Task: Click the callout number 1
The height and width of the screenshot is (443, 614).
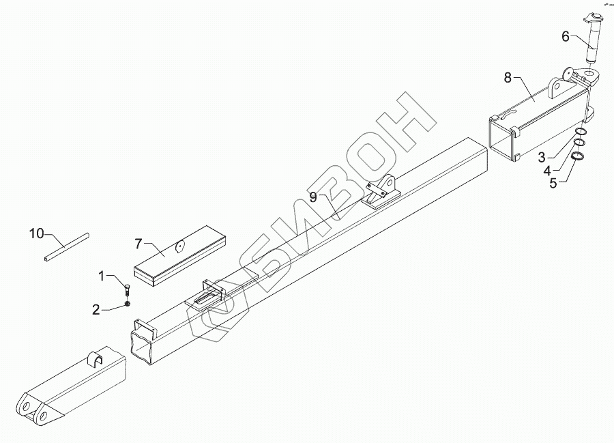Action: click(x=102, y=276)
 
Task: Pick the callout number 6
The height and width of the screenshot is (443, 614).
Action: click(x=565, y=36)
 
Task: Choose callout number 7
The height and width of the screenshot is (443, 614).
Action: click(x=138, y=243)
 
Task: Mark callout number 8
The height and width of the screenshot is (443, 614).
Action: click(x=508, y=77)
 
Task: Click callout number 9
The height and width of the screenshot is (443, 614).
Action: click(x=313, y=197)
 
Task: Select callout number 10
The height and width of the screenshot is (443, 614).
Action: click(x=36, y=234)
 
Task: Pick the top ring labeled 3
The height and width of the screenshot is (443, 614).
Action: click(x=578, y=132)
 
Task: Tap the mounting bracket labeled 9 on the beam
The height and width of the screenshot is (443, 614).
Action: click(x=383, y=192)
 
